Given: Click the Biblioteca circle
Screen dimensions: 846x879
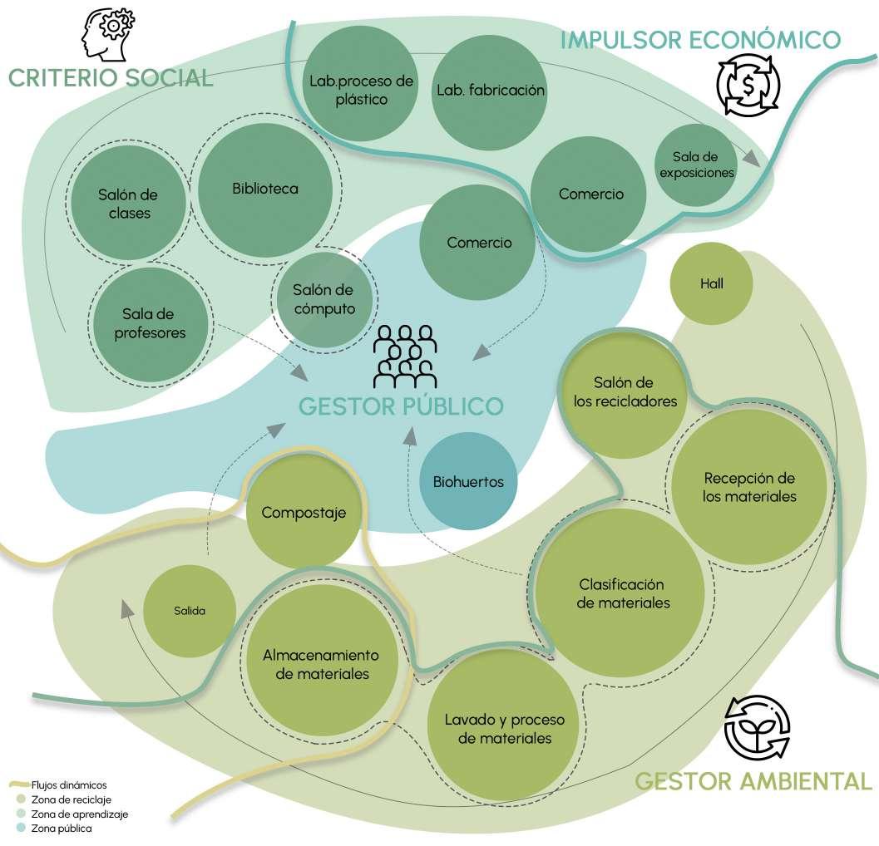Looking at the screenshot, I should click(265, 189).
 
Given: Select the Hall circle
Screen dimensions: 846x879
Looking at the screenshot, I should click(711, 284).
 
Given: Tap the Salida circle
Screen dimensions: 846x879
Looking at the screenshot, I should click(189, 611).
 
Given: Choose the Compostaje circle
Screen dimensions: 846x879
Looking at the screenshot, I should click(303, 513).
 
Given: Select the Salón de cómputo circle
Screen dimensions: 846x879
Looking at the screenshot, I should click(323, 299).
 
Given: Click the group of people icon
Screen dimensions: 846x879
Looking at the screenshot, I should click(405, 357).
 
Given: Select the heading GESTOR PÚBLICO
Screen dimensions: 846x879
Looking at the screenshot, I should click(401, 406).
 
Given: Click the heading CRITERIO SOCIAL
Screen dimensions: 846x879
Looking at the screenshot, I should click(111, 78).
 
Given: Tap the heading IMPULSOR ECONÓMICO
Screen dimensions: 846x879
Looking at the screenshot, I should click(700, 39).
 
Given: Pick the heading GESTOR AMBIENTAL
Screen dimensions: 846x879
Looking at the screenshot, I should click(753, 781).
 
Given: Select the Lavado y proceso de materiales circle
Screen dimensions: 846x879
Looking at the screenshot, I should click(504, 728).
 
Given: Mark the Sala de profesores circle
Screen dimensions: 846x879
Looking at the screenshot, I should click(154, 323).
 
